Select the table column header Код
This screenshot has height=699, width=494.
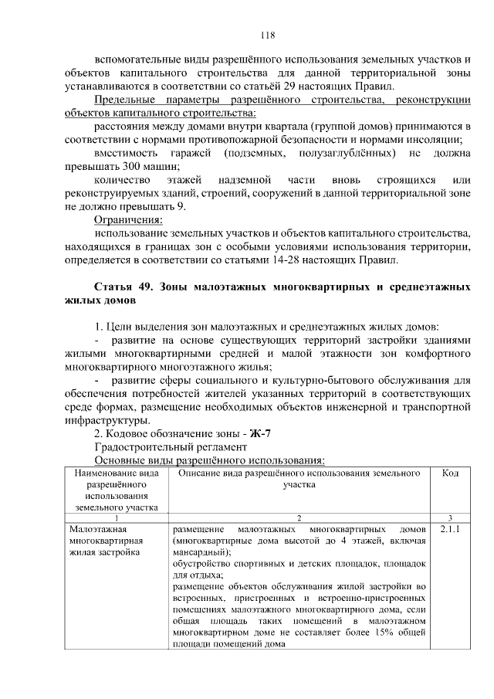[x=450, y=473]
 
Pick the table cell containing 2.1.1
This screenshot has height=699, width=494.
[x=450, y=530]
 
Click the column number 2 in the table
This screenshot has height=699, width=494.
[x=299, y=517]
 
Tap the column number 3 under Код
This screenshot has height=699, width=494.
[x=450, y=517]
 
